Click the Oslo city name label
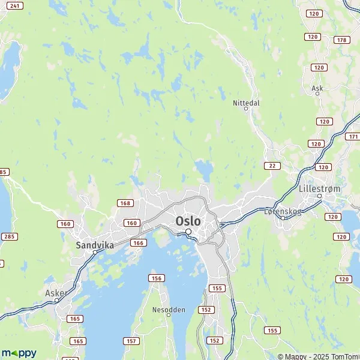pos(188,220)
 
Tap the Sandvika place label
pos(95,245)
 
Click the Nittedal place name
pos(246,103)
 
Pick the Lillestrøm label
pos(319,188)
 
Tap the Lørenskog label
pos(282,211)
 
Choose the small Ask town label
pos(317,88)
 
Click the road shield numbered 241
pos(16,5)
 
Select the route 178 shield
pos(341,40)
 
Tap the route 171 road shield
pos(352,137)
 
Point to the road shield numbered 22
pos(272,166)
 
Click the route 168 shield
pos(125,204)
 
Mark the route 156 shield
pos(157,278)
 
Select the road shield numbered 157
pos(131,341)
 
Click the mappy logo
pos(19,353)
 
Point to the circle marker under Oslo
pos(188,232)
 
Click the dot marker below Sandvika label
pos(95,252)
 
